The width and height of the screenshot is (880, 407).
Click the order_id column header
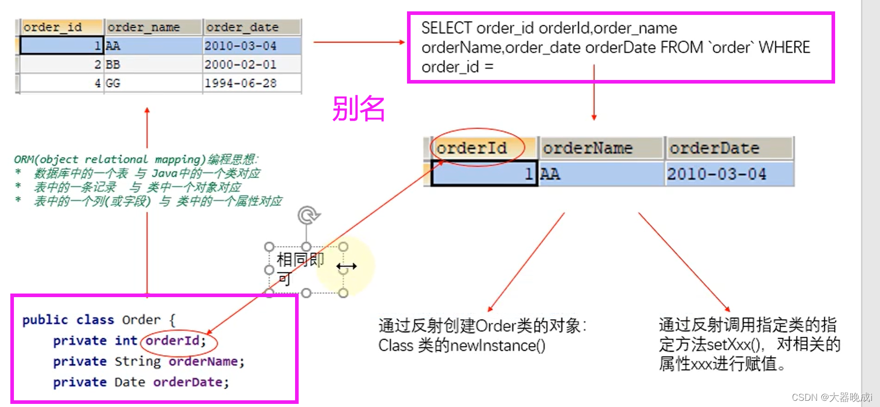tap(53, 27)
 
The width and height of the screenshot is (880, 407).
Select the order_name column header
tap(144, 27)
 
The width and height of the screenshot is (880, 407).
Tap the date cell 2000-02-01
tap(240, 64)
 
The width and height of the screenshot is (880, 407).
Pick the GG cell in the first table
tap(113, 83)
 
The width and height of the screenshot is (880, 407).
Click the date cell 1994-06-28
tap(240, 83)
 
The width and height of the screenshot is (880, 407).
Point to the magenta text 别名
tap(358, 109)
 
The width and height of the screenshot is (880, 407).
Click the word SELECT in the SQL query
tap(447, 28)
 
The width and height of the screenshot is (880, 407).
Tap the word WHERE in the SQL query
tap(784, 47)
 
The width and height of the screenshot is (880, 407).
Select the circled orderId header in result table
tap(471, 148)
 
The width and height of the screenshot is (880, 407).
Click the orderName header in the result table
tap(588, 149)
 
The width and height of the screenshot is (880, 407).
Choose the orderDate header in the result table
tap(714, 149)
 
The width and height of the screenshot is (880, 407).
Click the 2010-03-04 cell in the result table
tap(716, 174)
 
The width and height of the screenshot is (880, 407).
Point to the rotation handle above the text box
tap(308, 215)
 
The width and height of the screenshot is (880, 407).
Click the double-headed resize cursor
tap(347, 267)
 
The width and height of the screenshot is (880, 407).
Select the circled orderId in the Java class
tap(175, 341)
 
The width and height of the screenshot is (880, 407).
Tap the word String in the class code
tap(138, 362)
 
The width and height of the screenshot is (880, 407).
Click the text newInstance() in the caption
tap(497, 346)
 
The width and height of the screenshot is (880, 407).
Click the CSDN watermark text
tap(832, 397)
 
